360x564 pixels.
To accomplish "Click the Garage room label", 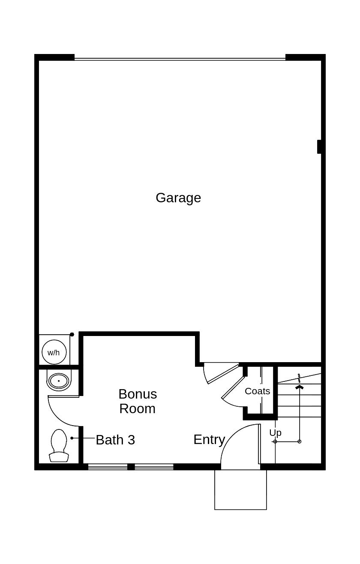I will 178,198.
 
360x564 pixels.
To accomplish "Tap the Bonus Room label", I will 138,401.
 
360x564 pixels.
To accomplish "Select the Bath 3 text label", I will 115,440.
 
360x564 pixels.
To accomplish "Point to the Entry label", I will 209,439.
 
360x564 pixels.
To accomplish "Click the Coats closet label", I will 257,391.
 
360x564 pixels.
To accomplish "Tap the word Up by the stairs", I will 275,432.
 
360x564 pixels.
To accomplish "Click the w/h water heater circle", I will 54,352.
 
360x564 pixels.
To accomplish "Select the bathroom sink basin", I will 58,381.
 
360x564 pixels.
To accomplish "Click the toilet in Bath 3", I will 59,446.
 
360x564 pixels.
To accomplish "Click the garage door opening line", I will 180,58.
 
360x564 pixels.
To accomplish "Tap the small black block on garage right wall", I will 319,147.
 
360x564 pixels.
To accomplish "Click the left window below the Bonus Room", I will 108,467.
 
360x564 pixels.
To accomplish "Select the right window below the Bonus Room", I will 154,467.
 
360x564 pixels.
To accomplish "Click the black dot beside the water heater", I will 72,334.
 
